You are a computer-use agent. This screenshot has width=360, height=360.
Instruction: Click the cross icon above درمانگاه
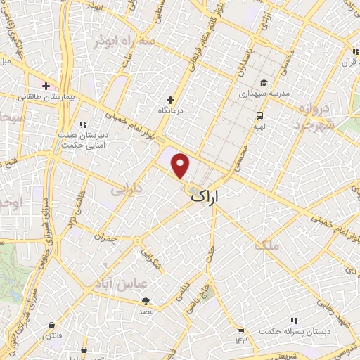click(x=169, y=100)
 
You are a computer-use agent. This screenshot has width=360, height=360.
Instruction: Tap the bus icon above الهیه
click(x=259, y=116)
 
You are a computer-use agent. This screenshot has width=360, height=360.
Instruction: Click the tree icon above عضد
click(x=146, y=300)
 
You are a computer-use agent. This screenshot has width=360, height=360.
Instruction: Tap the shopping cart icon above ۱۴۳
click(x=242, y=330)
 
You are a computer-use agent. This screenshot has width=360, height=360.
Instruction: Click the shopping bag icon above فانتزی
click(x=51, y=325)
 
